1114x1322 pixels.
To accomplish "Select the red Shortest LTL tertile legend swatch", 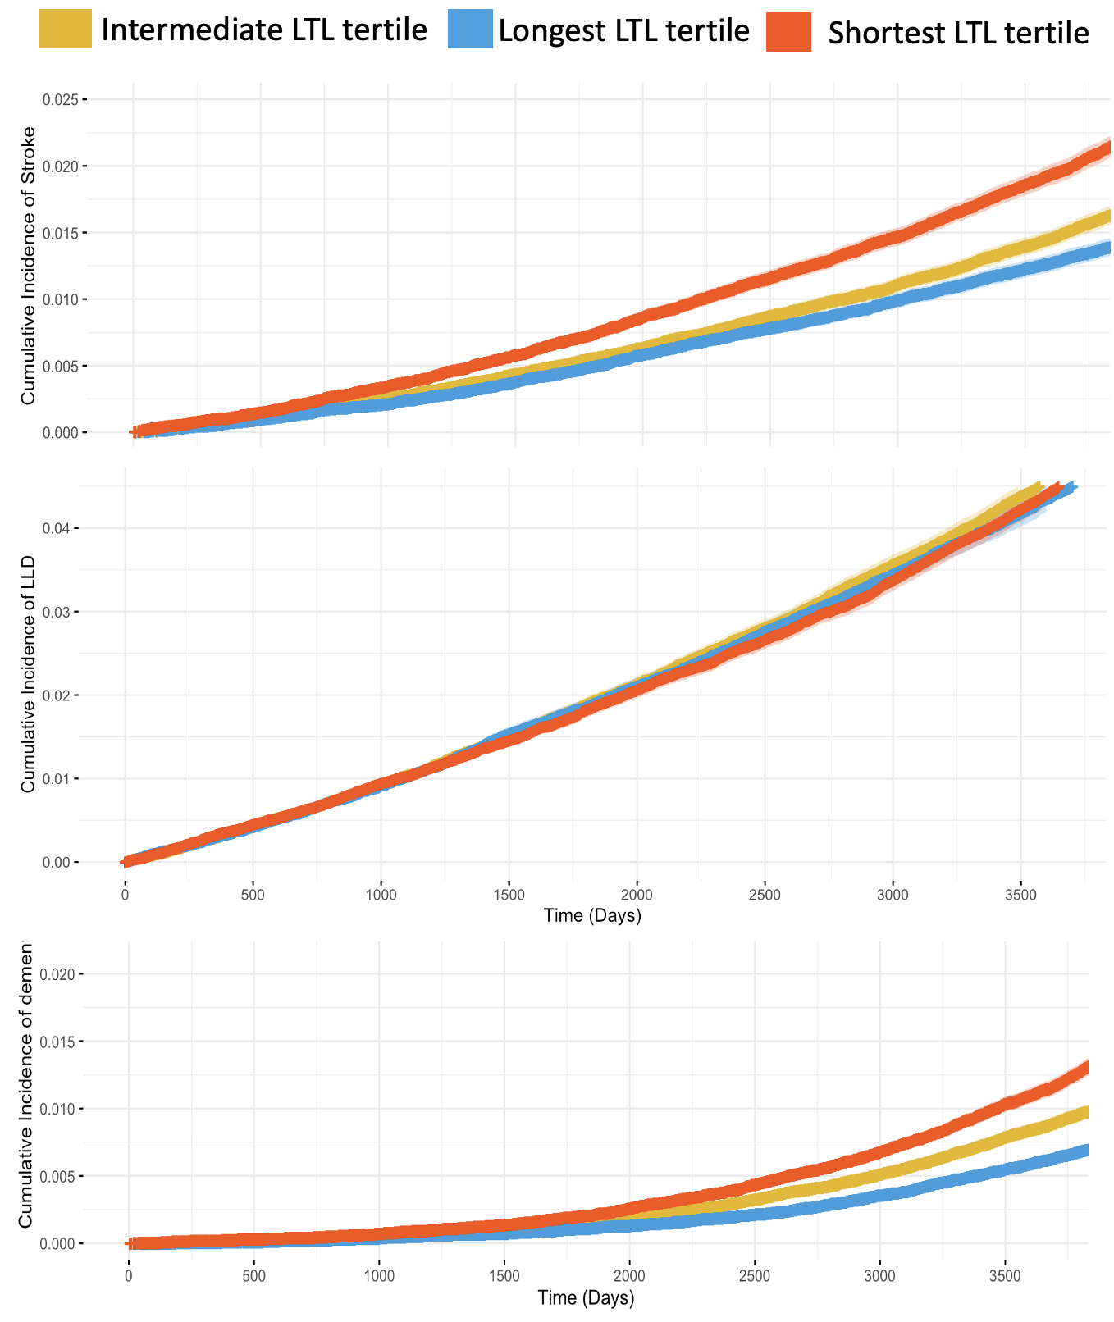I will point(788,32).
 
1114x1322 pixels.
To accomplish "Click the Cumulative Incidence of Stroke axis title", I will point(29,265).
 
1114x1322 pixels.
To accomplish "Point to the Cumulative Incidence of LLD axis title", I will point(29,673).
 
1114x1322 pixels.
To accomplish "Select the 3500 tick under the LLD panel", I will point(1020,894).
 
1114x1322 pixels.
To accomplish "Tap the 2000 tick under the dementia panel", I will point(629,1276).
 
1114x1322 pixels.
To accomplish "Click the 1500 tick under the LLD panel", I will point(509,894).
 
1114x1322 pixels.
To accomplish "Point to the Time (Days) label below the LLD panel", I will point(592,915).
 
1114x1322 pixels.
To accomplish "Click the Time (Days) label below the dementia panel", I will point(586,1298).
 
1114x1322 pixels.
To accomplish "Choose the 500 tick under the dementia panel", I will point(253,1276).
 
